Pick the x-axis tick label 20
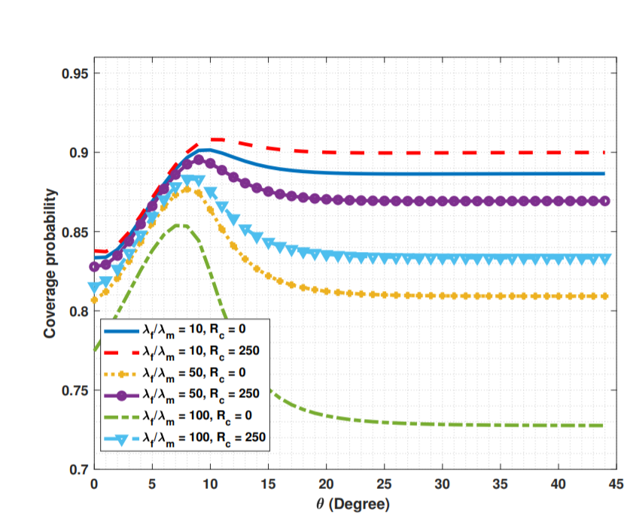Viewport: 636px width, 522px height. pos(326,485)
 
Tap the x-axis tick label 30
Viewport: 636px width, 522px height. pos(443,485)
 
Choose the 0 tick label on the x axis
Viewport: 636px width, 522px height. pos(94,485)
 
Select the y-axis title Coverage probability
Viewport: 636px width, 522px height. pos(50,272)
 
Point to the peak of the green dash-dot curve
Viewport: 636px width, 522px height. pos(181,225)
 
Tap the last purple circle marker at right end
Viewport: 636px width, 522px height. pos(604,202)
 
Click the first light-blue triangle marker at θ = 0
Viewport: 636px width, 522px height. pos(94,287)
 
